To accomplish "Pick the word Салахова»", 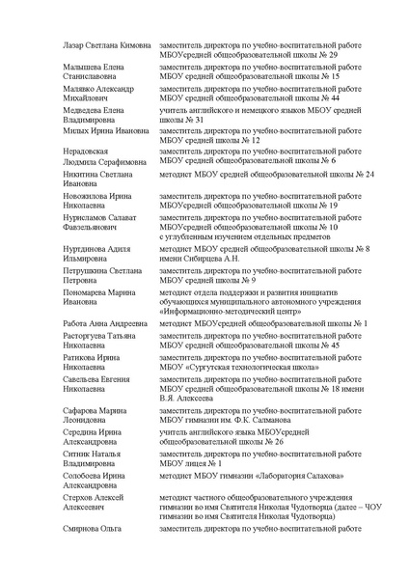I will (x=315, y=476).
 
